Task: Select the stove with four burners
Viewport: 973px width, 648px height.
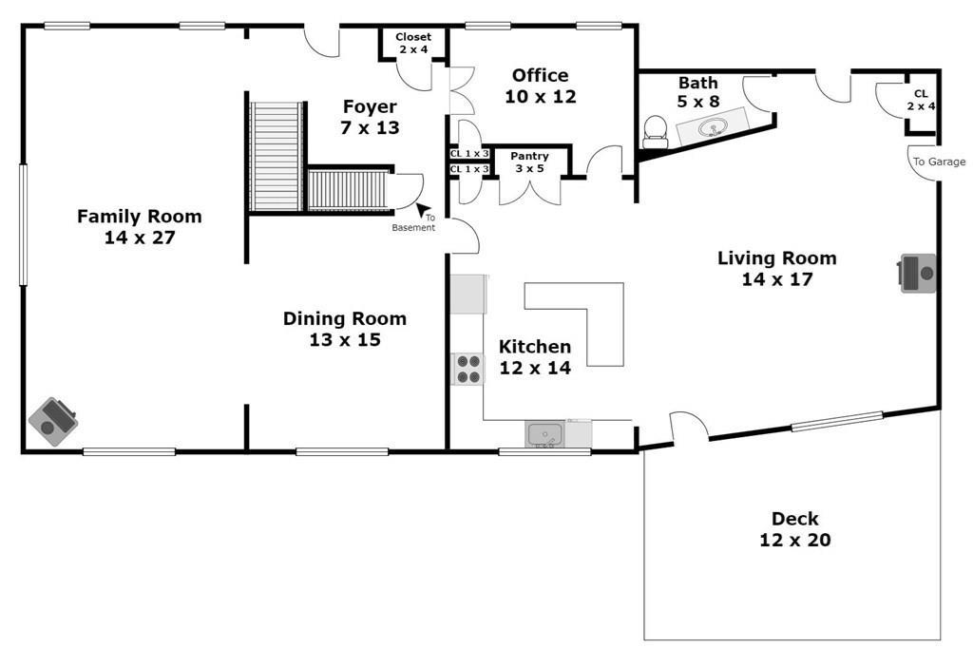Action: (x=467, y=369)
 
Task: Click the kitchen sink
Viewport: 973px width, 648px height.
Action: (x=544, y=434)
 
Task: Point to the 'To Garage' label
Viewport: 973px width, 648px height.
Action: (x=939, y=162)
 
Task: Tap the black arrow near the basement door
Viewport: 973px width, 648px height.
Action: (x=423, y=210)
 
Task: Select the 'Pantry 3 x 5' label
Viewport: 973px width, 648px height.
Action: (x=529, y=162)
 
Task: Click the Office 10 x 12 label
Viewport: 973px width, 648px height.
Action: (x=540, y=86)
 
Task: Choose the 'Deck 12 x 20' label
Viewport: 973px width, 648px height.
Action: (x=795, y=529)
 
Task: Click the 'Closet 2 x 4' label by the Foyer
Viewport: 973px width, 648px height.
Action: (x=413, y=43)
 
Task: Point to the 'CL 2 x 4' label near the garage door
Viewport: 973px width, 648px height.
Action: (x=921, y=100)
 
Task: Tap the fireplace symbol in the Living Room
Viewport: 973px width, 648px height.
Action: (x=918, y=273)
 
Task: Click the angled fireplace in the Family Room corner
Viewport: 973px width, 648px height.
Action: (x=53, y=422)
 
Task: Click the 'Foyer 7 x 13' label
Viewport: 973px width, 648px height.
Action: (x=370, y=117)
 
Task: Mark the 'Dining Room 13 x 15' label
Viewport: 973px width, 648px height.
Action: (x=344, y=329)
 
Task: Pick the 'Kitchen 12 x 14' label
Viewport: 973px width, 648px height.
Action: (x=535, y=357)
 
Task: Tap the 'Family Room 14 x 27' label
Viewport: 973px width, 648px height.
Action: (x=140, y=226)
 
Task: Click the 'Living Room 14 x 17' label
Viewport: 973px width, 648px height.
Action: (x=777, y=268)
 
